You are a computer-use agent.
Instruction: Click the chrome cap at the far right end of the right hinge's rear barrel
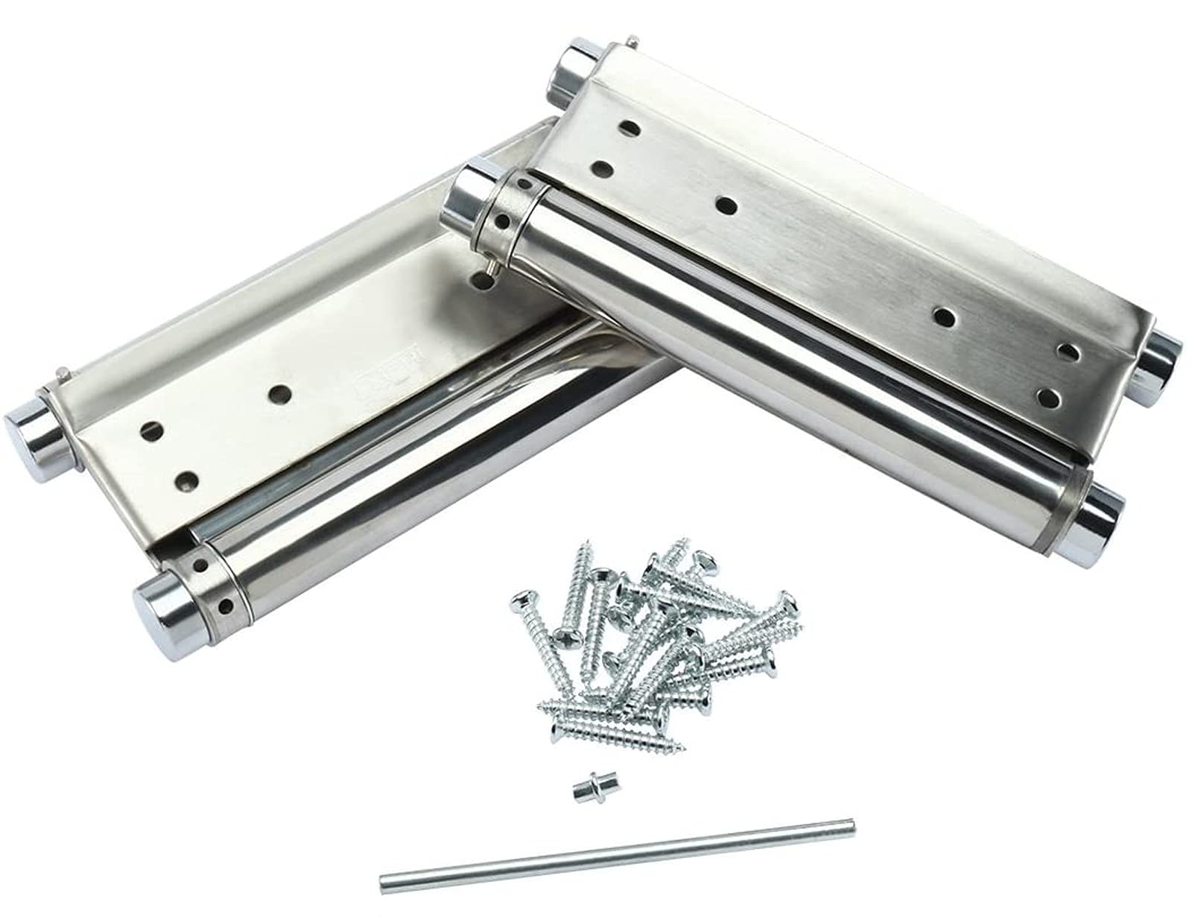tap(1159, 358)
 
